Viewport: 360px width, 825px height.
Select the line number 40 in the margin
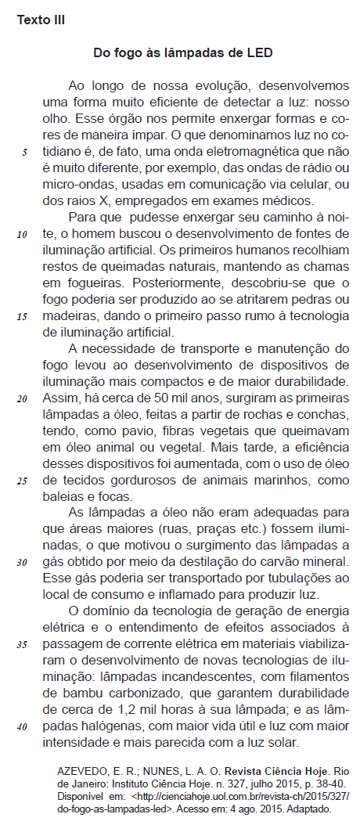tap(22, 726)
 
